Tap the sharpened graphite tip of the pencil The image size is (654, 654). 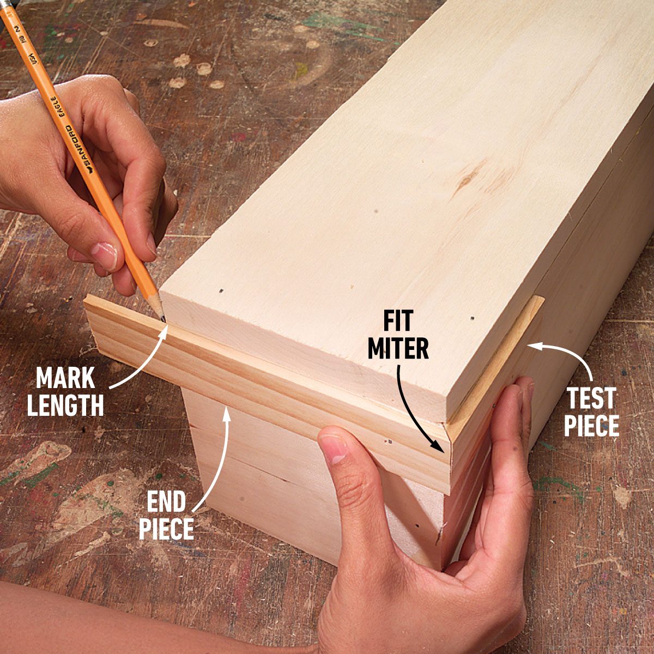163,319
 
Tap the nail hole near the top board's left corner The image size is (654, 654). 221,290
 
